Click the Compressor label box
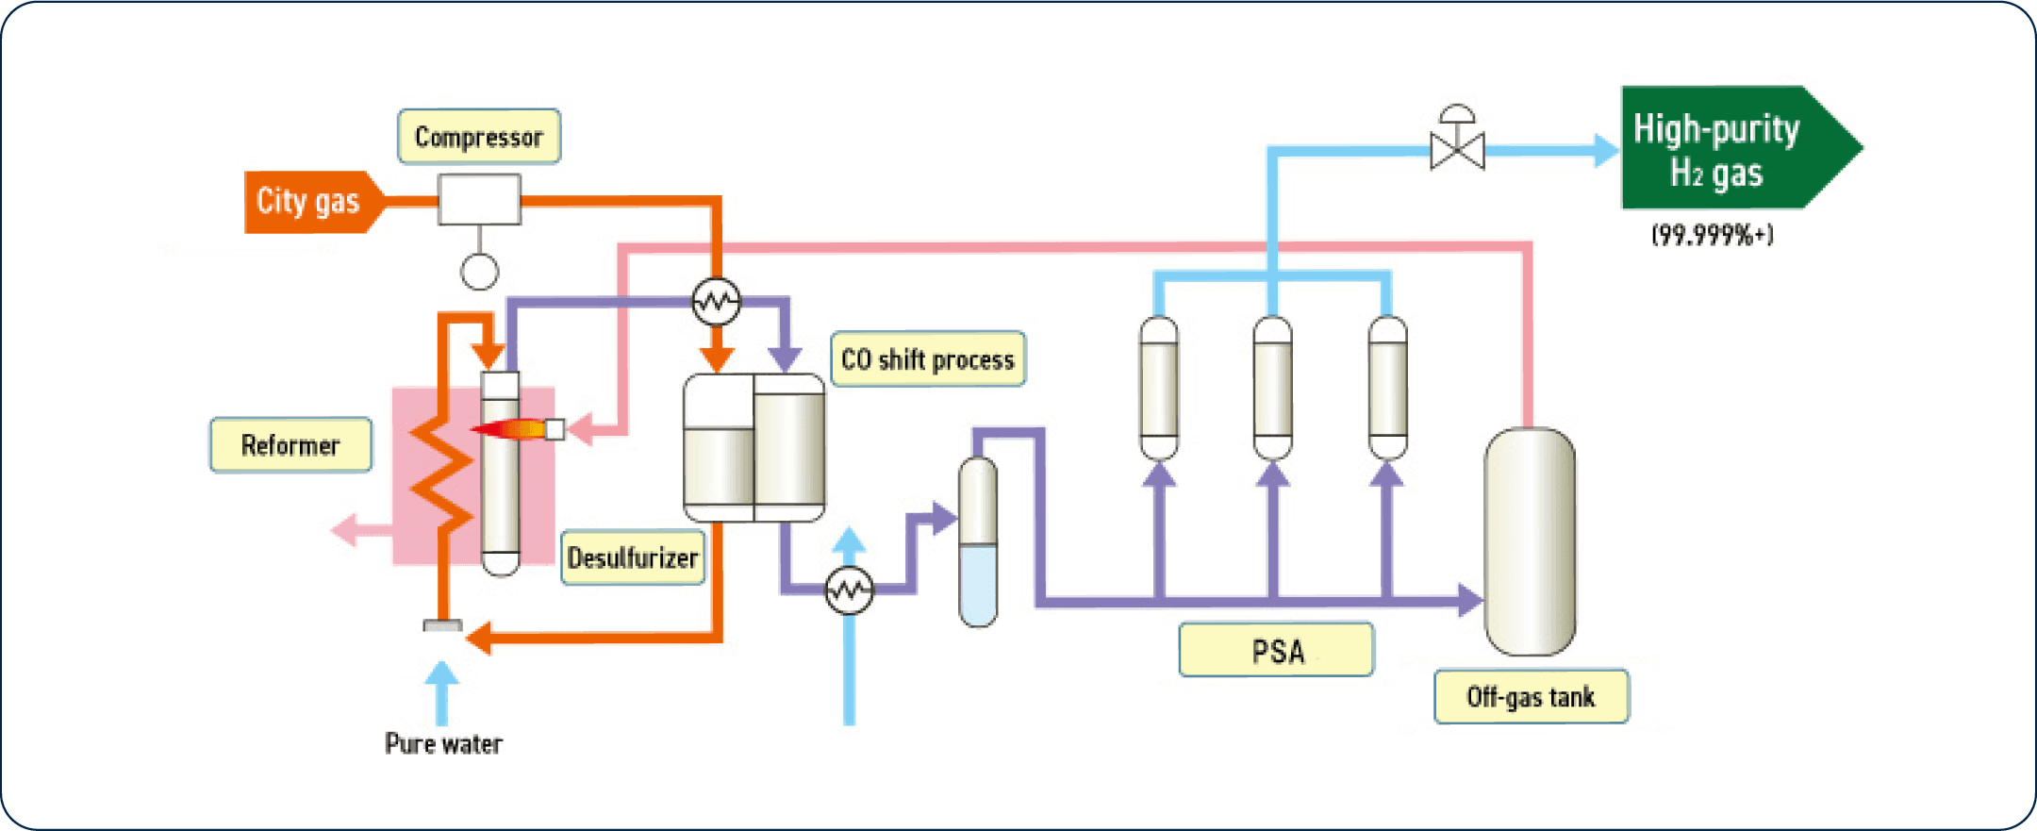478,137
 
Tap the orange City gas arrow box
309,201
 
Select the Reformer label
290,445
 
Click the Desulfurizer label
633,558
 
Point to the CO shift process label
927,359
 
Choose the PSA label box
1276,651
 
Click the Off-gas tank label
1531,697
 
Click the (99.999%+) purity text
1712,235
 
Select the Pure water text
443,743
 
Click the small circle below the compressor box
479,272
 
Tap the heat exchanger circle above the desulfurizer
716,302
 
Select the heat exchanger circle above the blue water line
849,590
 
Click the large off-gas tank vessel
1529,542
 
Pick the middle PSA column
1272,389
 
